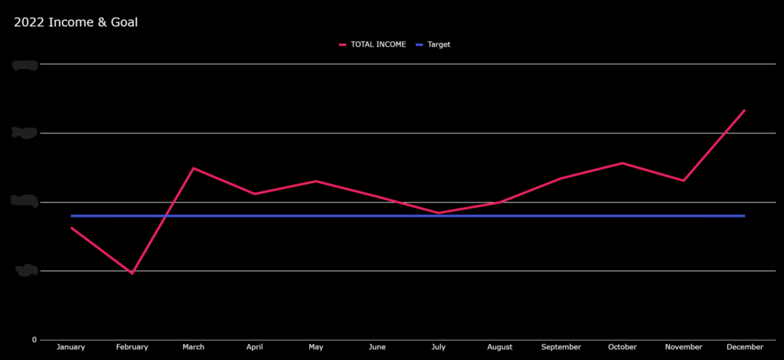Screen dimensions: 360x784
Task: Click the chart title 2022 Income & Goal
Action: click(x=76, y=22)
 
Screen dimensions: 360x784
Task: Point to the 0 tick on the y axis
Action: click(x=34, y=339)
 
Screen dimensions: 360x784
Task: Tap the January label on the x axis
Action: click(x=71, y=347)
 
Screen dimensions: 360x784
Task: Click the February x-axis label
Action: click(x=132, y=347)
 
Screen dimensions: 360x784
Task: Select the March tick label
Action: click(x=194, y=347)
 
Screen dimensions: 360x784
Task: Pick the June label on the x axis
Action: click(x=377, y=347)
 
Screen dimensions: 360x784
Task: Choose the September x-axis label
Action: click(x=561, y=347)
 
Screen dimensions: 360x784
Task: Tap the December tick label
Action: click(x=744, y=347)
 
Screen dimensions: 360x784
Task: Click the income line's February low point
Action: click(x=132, y=273)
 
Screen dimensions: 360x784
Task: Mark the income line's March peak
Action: click(x=194, y=168)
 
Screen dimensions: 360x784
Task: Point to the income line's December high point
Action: click(x=744, y=110)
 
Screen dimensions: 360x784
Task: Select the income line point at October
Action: click(x=622, y=163)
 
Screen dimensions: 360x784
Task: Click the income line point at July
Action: click(x=439, y=213)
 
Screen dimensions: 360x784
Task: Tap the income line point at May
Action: click(x=316, y=181)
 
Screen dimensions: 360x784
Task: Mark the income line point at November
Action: click(x=683, y=181)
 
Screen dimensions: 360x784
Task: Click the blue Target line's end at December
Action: click(x=744, y=216)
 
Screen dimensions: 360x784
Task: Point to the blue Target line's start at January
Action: click(x=71, y=216)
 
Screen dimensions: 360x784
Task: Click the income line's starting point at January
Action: click(x=71, y=227)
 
